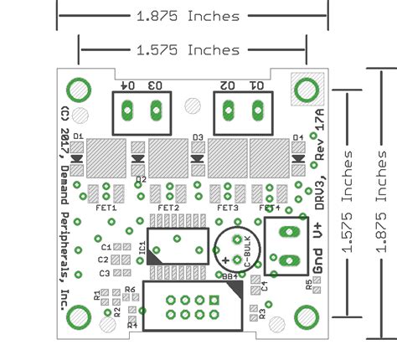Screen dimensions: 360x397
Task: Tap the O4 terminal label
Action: click(x=127, y=85)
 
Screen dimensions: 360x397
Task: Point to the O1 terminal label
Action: click(x=256, y=85)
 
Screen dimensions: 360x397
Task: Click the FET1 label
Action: click(x=107, y=207)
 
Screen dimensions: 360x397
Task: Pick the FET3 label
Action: click(x=228, y=207)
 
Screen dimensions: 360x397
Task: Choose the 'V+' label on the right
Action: click(x=319, y=238)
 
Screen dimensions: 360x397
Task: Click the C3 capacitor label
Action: click(x=105, y=273)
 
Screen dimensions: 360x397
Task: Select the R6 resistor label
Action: click(x=130, y=290)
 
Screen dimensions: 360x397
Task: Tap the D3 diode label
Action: click(x=198, y=137)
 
